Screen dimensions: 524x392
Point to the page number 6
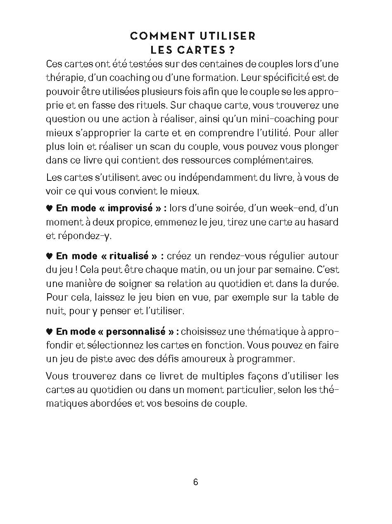pos(196,482)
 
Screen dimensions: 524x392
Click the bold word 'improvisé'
pos(131,208)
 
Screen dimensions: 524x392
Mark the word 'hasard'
pos(323,222)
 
